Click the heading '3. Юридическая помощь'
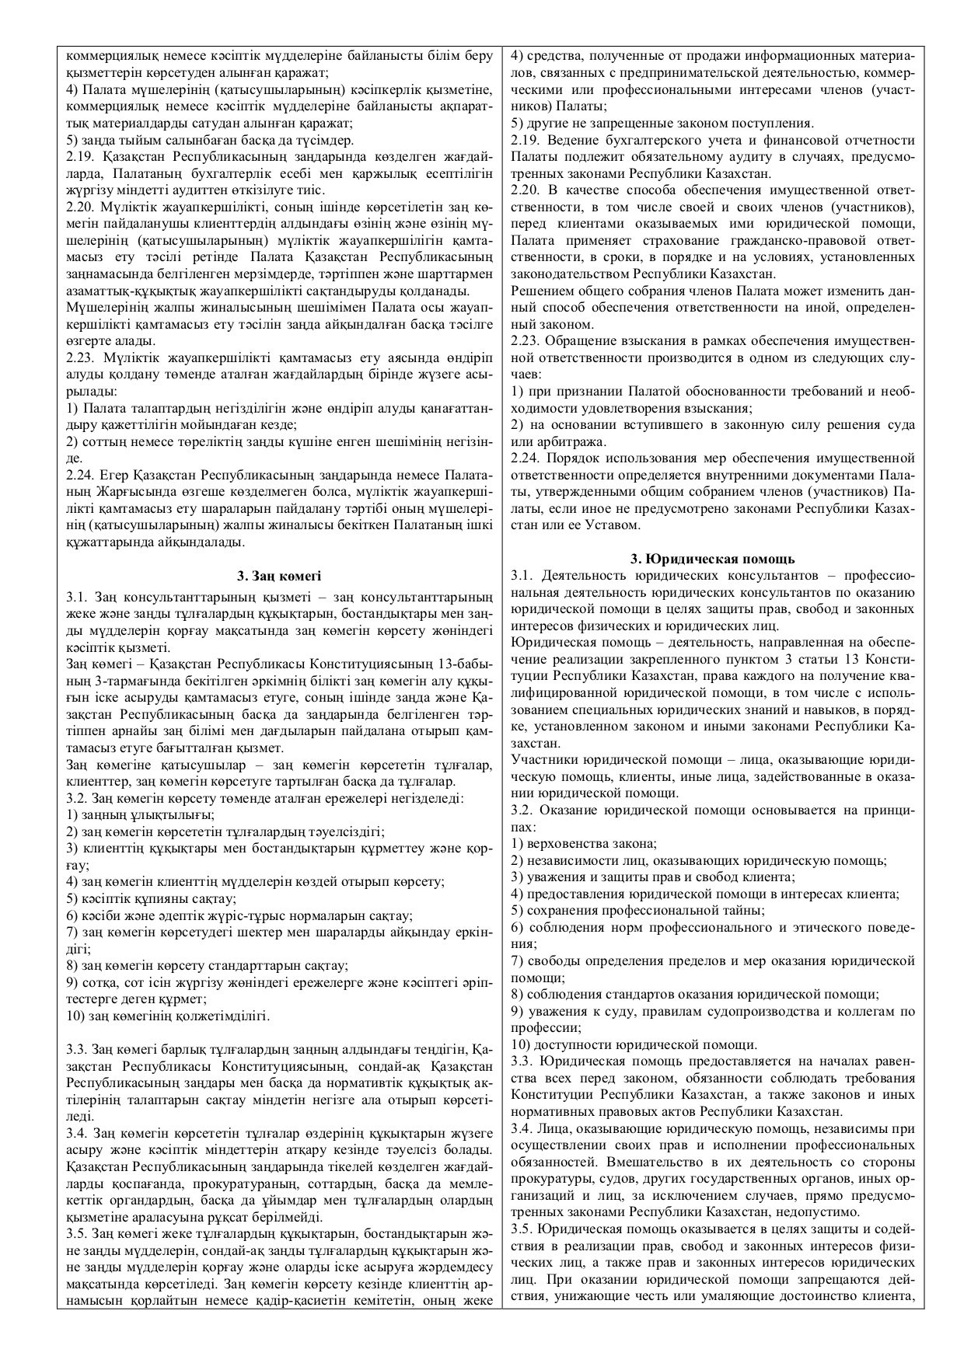711,558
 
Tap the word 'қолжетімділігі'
227,1015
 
